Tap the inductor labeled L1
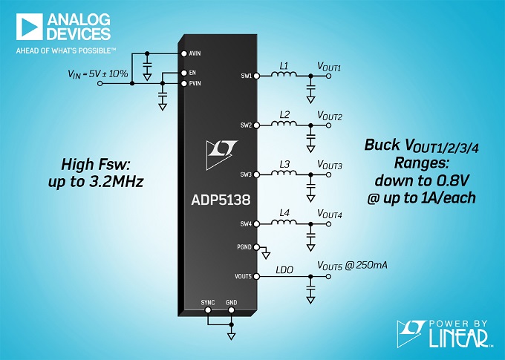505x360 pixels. pyautogui.click(x=284, y=75)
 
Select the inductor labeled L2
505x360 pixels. pyautogui.click(x=284, y=125)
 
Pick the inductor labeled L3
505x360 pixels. pyautogui.click(x=284, y=174)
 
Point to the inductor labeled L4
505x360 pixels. pyautogui.click(x=284, y=224)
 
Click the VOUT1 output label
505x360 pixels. pyautogui.click(x=329, y=68)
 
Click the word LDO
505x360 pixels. pyautogui.click(x=284, y=269)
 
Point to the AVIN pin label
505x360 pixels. pyautogui.click(x=196, y=53)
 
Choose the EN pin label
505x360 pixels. pyautogui.click(x=193, y=73)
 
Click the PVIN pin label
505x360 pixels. pyautogui.click(x=196, y=84)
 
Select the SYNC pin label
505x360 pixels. pyautogui.click(x=208, y=303)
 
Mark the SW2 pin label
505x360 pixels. pyautogui.click(x=246, y=125)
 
